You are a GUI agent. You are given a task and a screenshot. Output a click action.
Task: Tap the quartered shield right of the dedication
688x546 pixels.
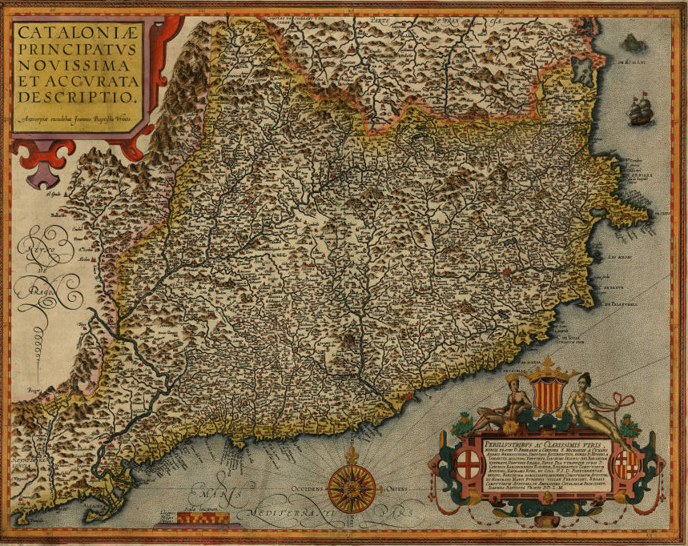(x=626, y=462)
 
